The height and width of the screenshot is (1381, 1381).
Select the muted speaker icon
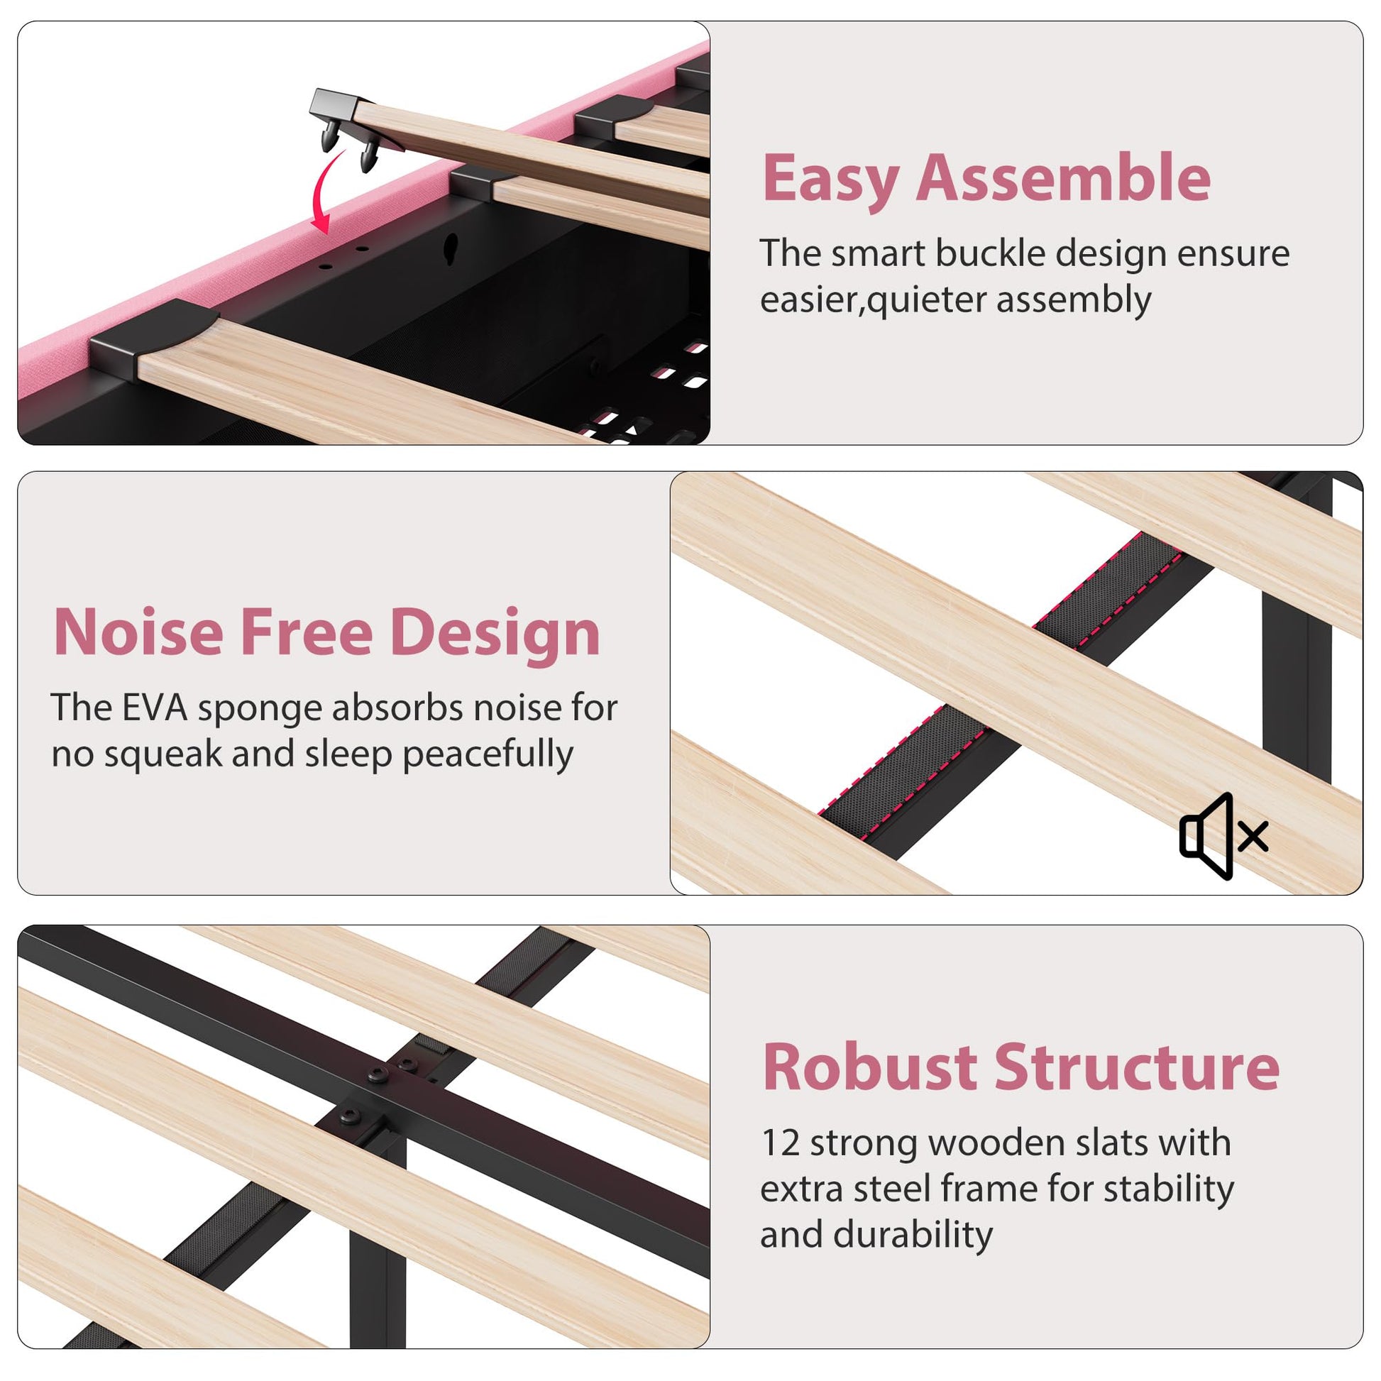point(1223,835)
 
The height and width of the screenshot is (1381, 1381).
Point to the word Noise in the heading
point(138,632)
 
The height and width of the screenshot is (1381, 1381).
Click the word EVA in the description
point(155,708)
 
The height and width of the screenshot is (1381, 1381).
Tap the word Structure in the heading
point(1138,1067)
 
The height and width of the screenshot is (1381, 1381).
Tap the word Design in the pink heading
point(495,633)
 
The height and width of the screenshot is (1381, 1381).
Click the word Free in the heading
point(307,632)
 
